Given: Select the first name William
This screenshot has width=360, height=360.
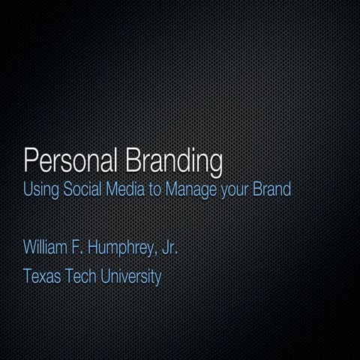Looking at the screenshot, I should (x=46, y=247).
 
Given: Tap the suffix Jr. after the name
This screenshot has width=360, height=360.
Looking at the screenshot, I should (x=168, y=247).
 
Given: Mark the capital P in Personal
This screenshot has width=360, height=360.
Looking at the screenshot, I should (x=30, y=160).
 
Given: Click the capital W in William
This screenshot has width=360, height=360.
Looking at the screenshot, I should (x=30, y=247).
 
